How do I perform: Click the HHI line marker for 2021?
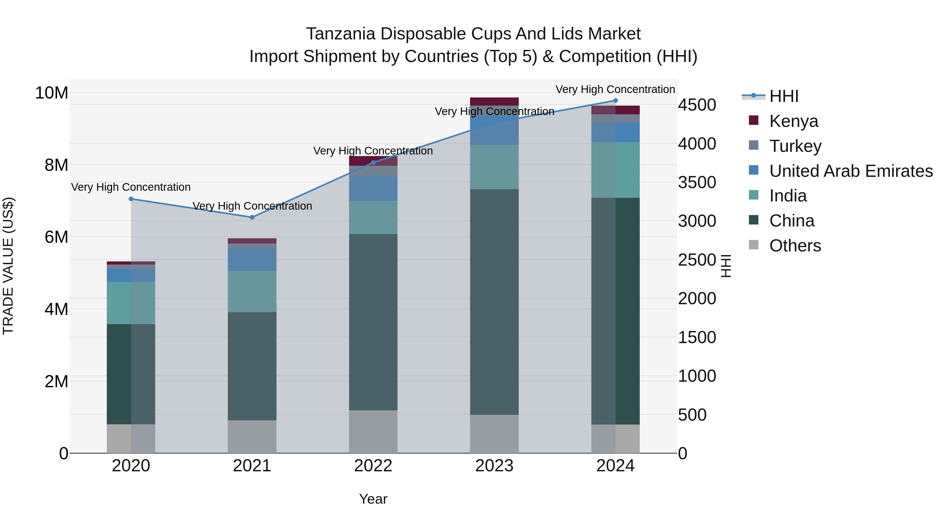[x=252, y=217]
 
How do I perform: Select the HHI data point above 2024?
[x=615, y=101]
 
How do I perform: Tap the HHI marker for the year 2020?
[x=131, y=199]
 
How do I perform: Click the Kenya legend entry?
[x=793, y=121]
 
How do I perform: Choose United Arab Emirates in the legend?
[x=851, y=171]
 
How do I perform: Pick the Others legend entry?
[x=795, y=246]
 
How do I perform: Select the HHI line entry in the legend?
[x=783, y=96]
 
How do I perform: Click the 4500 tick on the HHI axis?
[x=697, y=105]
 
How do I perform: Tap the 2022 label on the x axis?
[x=373, y=466]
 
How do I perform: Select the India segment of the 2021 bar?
[x=252, y=292]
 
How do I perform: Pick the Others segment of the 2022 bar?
[x=373, y=431]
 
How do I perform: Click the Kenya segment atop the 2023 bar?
[x=494, y=101]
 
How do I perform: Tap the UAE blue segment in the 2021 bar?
[x=252, y=260]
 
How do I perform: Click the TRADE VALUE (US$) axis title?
[x=8, y=266]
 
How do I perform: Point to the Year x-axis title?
[x=373, y=499]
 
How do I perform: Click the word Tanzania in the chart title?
[x=340, y=34]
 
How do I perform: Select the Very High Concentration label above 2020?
[x=131, y=187]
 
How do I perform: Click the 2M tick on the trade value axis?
[x=56, y=382]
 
